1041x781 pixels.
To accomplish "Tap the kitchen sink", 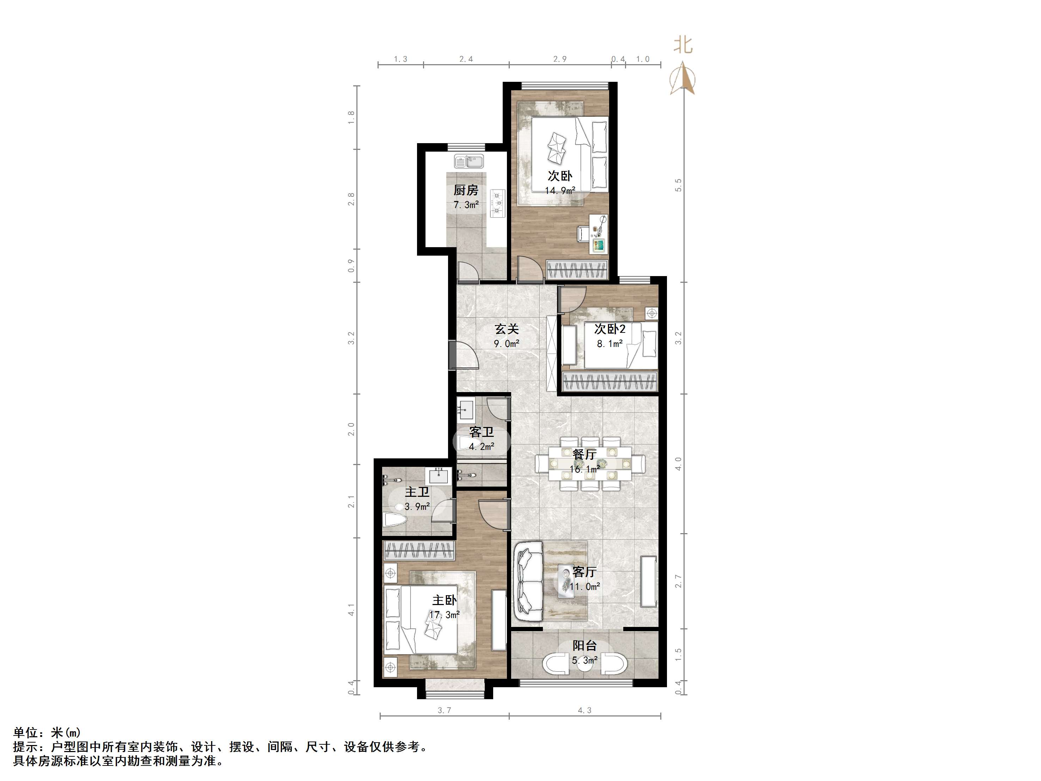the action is [469, 161].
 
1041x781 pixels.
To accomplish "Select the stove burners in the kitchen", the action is [497, 203].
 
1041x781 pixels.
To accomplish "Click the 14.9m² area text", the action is [560, 191].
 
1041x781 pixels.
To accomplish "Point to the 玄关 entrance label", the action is [506, 329].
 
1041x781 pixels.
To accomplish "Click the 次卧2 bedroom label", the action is [610, 329].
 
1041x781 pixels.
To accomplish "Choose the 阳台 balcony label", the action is [584, 646].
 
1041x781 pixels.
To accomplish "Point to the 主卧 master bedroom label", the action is [444, 600].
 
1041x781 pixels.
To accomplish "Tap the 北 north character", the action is [683, 45].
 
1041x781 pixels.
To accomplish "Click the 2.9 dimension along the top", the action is [559, 59].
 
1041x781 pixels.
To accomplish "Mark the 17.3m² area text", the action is [444, 615].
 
